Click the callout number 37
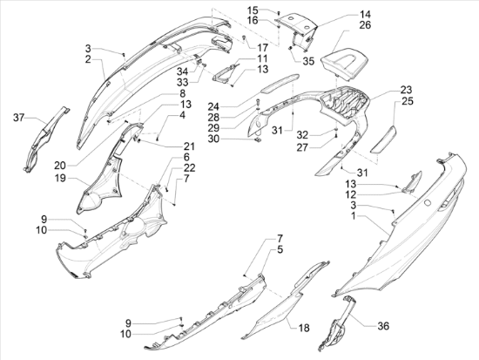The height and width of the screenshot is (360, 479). (18, 117)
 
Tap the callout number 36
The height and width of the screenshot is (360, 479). (383, 326)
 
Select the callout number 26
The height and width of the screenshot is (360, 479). (365, 25)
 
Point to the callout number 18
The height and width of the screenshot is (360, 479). (304, 328)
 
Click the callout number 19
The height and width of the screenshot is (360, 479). (60, 178)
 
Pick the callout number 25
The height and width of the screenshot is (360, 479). (408, 101)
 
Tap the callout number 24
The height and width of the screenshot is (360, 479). (213, 106)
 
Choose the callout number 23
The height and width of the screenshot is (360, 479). (407, 90)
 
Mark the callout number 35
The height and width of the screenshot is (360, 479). (308, 61)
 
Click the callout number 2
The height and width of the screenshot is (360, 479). (88, 59)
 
